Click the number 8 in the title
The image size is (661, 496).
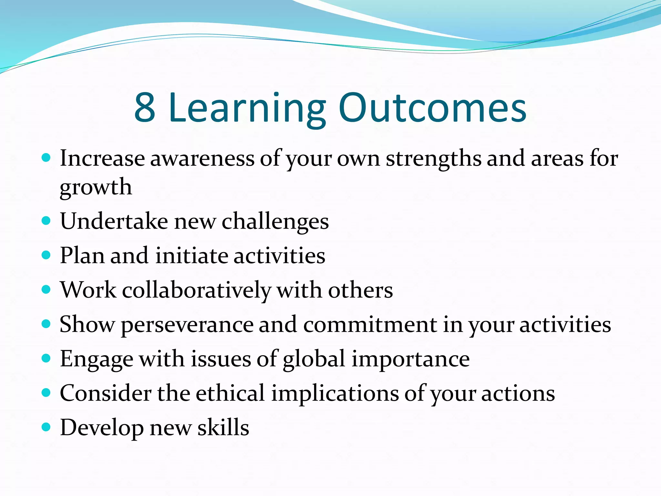coord(145,108)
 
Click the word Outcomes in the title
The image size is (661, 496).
coord(432,108)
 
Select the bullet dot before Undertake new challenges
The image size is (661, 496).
coord(46,221)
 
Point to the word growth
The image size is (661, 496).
coord(96,188)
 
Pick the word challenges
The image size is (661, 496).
coord(275,222)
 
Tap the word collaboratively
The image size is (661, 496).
coord(197,290)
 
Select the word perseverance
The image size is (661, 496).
coord(187,325)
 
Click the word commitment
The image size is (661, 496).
coord(370,325)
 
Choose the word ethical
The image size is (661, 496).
coord(230,393)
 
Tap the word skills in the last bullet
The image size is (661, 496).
coord(223,428)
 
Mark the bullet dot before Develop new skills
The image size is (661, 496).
coord(46,427)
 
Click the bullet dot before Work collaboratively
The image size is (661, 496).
coord(46,289)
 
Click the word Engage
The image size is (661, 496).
coord(97,359)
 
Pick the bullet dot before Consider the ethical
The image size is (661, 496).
coord(46,393)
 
